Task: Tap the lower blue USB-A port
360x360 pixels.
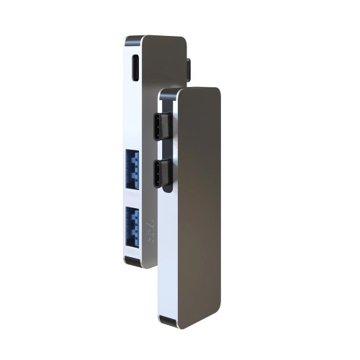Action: (x=132, y=225)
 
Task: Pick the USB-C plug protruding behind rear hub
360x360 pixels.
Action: (x=188, y=69)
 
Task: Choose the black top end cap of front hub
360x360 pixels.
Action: (x=167, y=93)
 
